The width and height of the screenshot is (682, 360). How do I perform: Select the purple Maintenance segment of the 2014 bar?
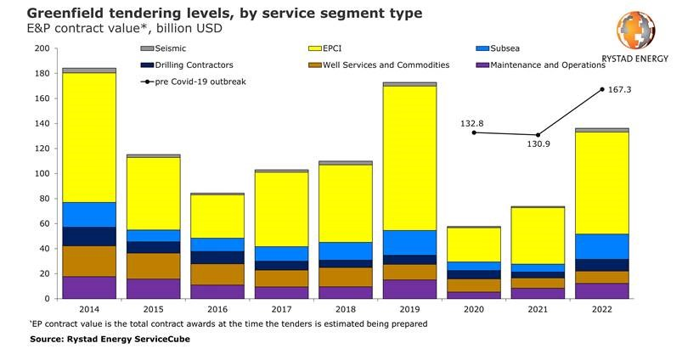point(89,287)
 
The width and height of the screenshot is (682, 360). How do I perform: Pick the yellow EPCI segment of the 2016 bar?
point(217,217)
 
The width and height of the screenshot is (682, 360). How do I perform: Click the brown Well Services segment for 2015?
point(153,266)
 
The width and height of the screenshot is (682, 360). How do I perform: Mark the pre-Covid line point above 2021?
point(538,135)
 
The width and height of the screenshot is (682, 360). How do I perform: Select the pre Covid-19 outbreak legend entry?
point(196,82)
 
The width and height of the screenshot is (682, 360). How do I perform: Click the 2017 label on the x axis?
point(281,311)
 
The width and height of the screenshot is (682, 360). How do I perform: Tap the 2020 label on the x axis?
point(474,311)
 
